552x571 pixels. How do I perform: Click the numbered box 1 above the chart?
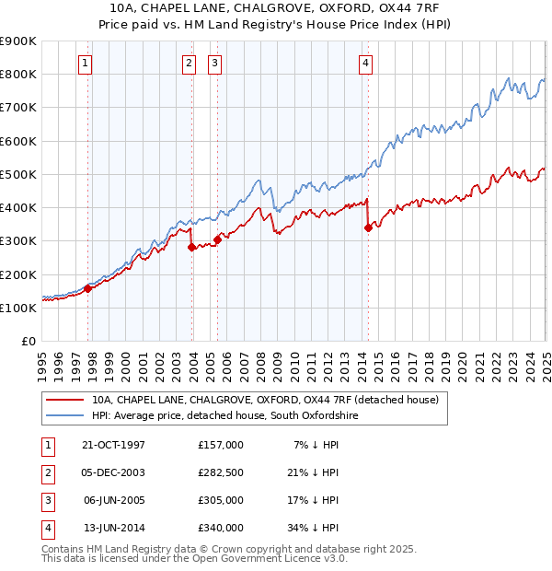click(x=84, y=64)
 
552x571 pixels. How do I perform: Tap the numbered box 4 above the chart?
click(x=365, y=64)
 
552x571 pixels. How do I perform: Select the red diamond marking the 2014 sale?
click(x=368, y=227)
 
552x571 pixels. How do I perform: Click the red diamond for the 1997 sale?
click(x=88, y=288)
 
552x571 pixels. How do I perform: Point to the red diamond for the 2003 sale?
click(x=191, y=247)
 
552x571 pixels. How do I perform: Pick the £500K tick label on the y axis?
click(x=18, y=174)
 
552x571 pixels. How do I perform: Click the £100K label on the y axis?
click(x=18, y=308)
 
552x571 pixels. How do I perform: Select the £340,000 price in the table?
click(x=220, y=529)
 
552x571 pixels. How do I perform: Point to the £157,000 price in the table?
click(x=220, y=445)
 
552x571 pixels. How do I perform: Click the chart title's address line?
click(x=275, y=6)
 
